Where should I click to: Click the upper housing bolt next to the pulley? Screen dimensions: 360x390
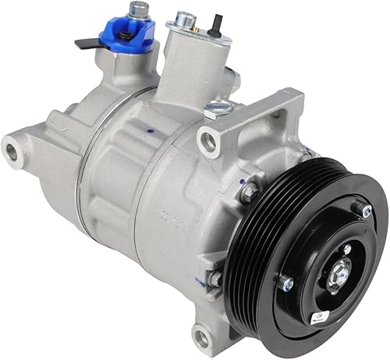tap(249, 190)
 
